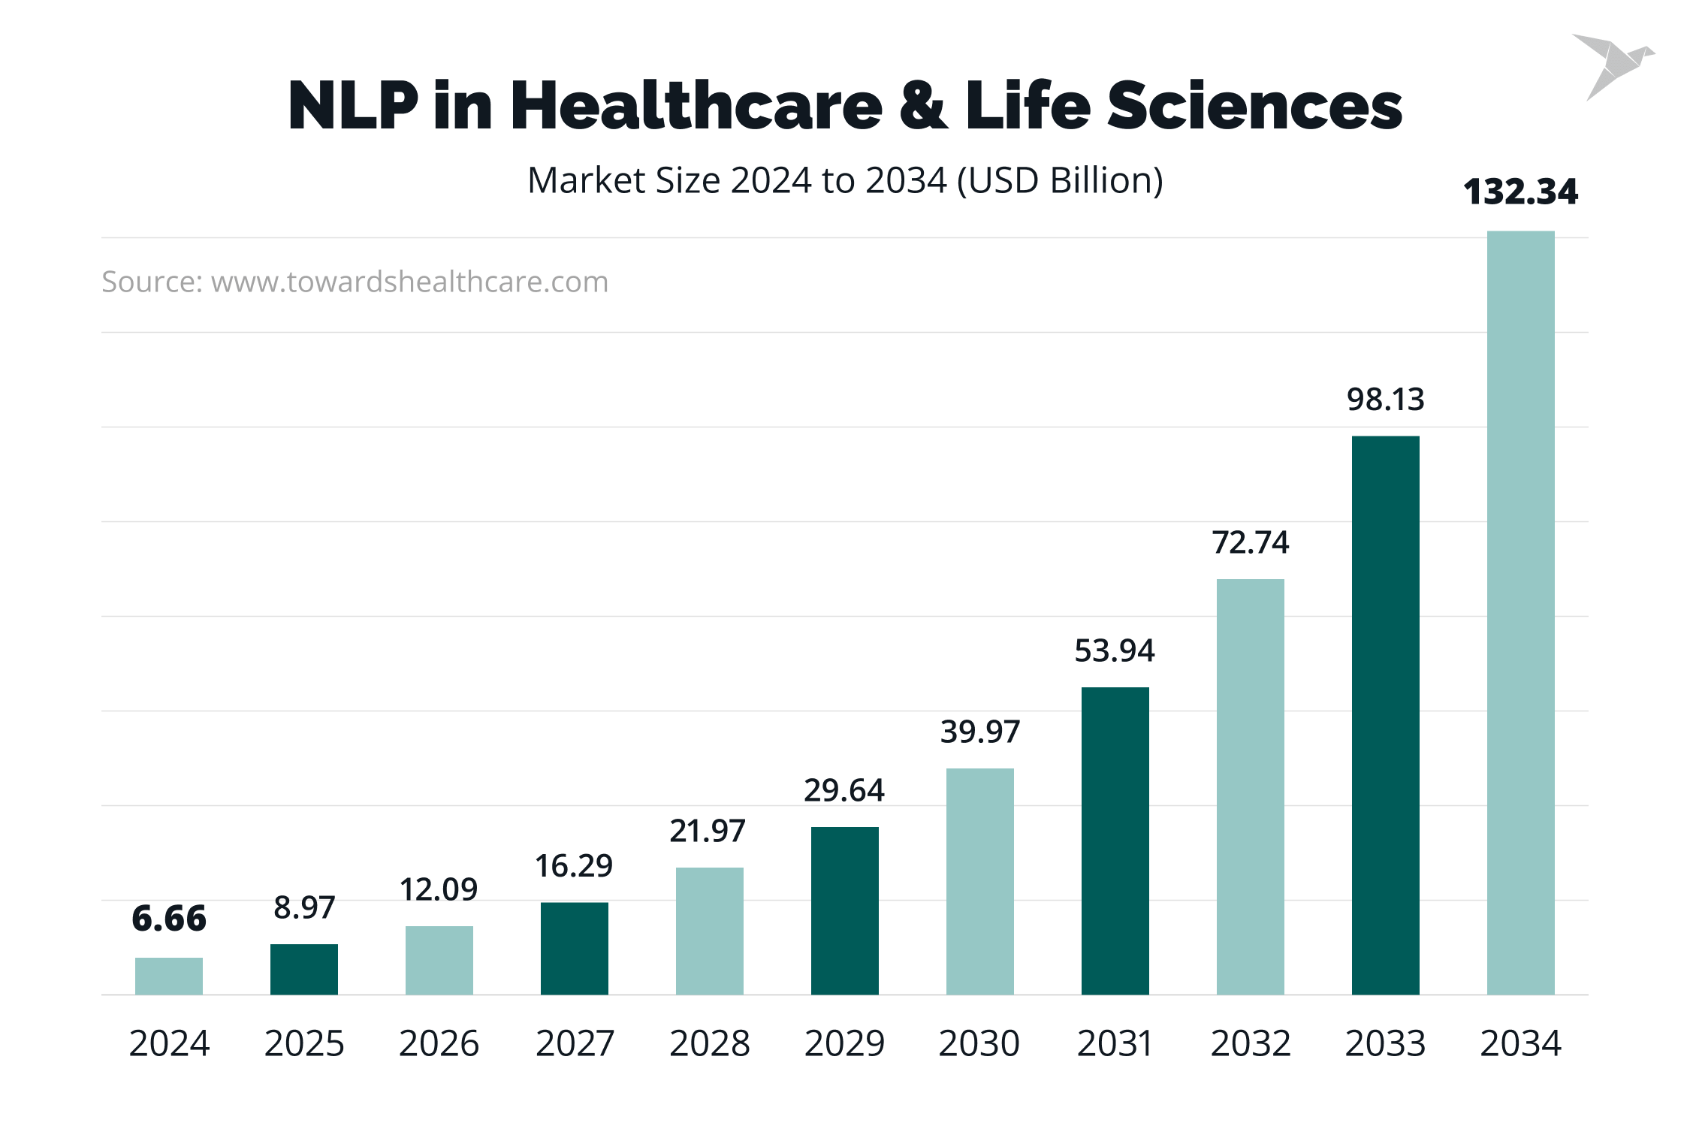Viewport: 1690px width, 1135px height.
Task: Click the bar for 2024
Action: (168, 976)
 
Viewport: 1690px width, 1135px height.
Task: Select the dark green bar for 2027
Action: (574, 948)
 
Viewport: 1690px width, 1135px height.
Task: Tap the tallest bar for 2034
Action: (1520, 612)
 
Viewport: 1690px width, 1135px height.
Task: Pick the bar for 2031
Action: (1115, 841)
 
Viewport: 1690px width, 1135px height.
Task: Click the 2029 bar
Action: (844, 910)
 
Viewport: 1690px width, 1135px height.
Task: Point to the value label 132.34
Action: (1520, 192)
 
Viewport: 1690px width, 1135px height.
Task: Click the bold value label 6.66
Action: (168, 919)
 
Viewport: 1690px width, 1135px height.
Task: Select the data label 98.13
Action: (1385, 400)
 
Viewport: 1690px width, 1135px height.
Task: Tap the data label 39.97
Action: (979, 732)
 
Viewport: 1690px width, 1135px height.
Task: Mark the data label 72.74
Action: (1250, 542)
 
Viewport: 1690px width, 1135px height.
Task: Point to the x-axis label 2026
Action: (439, 1043)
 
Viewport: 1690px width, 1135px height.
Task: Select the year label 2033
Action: (1385, 1043)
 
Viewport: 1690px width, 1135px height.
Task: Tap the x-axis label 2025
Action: (303, 1043)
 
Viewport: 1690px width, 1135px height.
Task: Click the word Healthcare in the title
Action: (696, 105)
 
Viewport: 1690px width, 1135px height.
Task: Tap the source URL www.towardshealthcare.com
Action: (409, 282)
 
